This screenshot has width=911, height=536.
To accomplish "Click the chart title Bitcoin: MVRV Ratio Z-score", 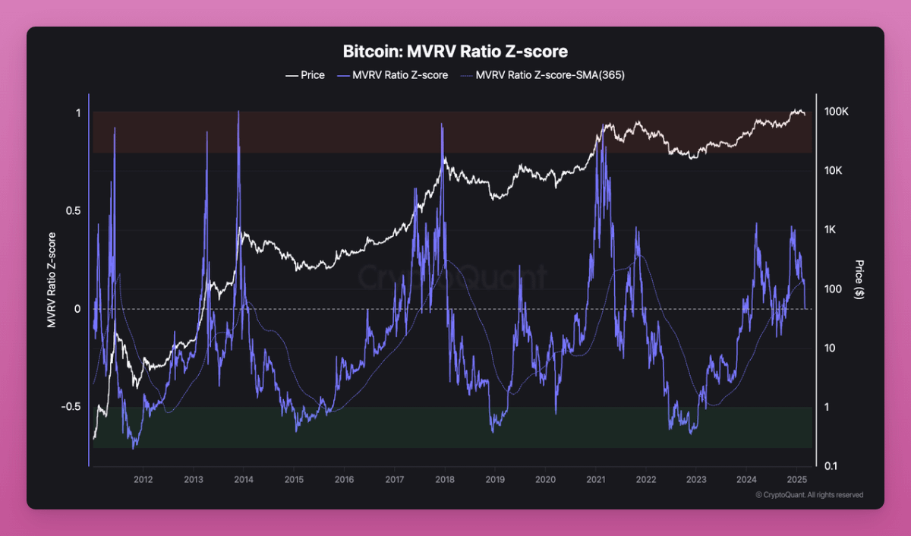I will pos(455,52).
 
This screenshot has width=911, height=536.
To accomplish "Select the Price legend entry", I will pos(305,75).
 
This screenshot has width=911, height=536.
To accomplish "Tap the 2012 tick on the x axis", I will pos(143,479).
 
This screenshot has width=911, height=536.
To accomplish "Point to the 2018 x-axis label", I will pos(445,479).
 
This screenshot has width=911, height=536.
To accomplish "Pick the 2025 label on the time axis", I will pos(796,479).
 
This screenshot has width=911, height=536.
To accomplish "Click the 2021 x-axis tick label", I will pos(596,479).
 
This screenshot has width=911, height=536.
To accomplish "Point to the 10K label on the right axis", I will pos(834,171).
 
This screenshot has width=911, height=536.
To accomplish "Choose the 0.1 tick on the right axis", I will pos(831,465).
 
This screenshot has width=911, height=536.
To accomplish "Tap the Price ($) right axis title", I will pos(859,279).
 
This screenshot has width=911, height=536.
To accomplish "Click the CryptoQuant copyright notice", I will pos(809,495).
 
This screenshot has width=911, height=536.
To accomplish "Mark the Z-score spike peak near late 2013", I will pos(238,112).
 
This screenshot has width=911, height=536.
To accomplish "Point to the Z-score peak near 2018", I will pos(441,125).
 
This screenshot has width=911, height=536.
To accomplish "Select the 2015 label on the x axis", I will pos(294,479).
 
